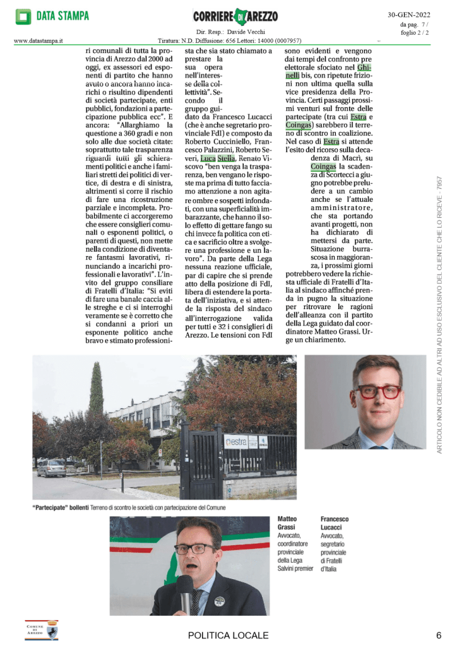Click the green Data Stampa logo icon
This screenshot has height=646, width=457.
(23, 16)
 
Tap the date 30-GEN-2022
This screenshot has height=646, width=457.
(413, 15)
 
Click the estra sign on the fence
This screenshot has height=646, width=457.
(235, 441)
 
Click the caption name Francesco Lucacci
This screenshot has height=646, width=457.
(335, 523)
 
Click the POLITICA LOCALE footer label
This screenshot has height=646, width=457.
(228, 635)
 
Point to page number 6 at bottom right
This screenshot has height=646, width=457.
(438, 635)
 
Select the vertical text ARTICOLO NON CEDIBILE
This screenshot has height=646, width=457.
(439, 315)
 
